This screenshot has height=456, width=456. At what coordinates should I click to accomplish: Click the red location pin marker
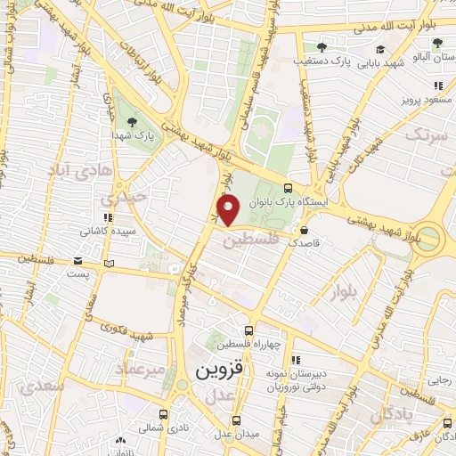tap(230, 211)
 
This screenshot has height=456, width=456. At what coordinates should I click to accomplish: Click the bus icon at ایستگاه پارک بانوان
tap(288, 189)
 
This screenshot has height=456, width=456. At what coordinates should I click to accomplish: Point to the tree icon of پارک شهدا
tap(132, 122)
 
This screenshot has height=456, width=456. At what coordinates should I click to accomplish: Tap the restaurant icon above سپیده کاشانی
tap(107, 216)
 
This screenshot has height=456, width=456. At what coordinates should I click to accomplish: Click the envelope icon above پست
tap(78, 261)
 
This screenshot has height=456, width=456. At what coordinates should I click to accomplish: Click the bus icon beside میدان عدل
tap(236, 420)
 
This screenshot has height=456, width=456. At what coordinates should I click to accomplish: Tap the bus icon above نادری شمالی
tap(162, 414)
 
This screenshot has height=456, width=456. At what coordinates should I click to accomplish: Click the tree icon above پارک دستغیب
tap(322, 47)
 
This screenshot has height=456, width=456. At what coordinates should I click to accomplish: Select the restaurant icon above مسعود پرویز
tap(437, 85)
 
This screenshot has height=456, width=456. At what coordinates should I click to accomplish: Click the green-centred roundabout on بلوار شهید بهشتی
tap(430, 237)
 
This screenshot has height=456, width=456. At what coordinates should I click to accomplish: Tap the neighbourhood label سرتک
tap(426, 134)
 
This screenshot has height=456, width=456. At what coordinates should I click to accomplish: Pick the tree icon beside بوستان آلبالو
tap(436, 41)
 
